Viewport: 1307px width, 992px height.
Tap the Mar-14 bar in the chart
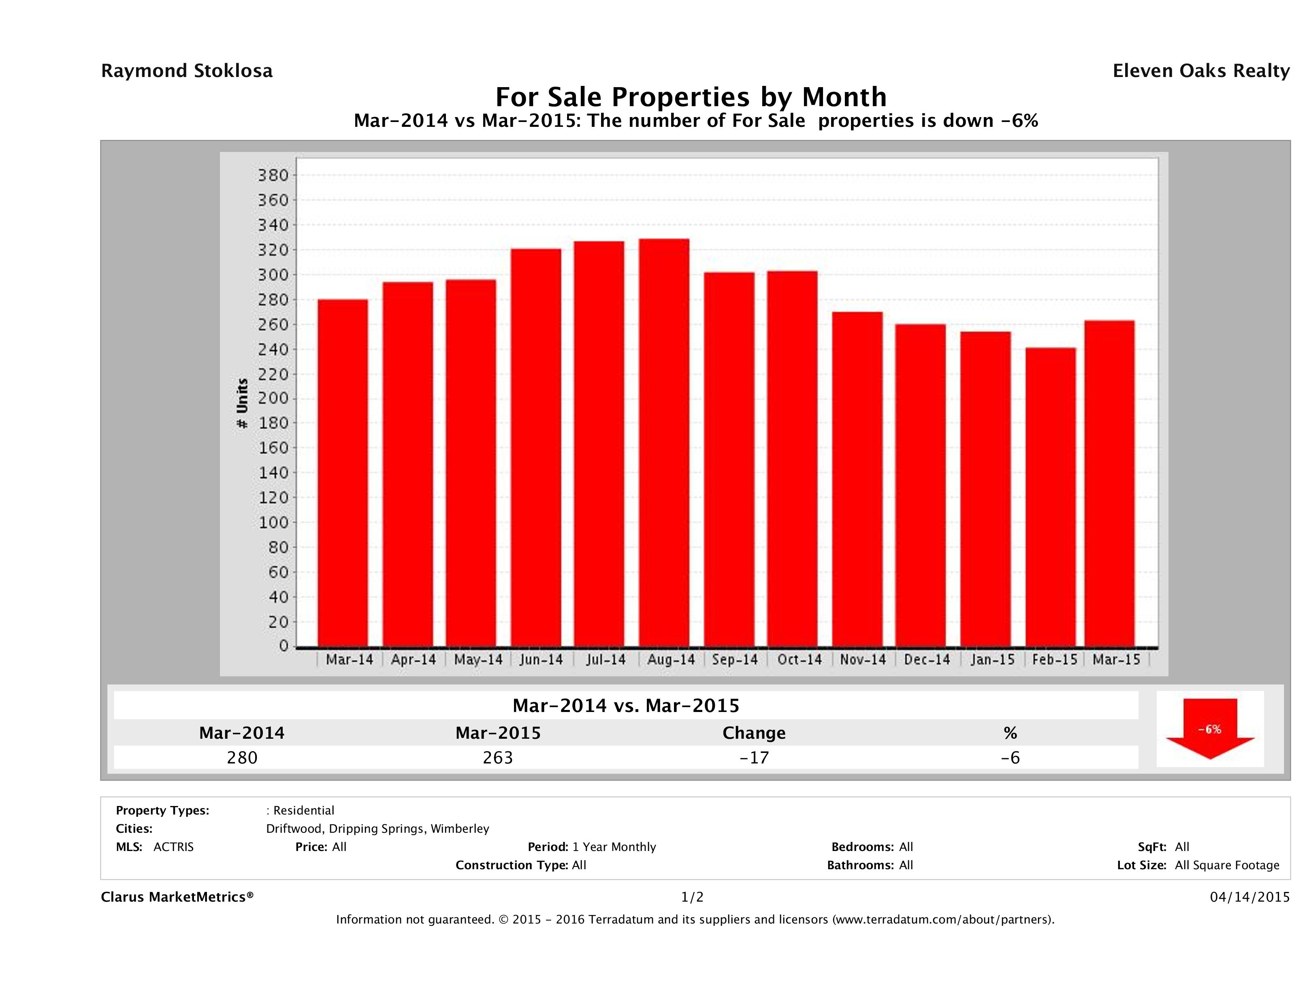coord(342,473)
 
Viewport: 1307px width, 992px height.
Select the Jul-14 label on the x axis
coord(606,659)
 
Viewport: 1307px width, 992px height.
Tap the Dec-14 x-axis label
coord(926,659)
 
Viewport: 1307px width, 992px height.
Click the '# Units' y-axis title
coord(242,403)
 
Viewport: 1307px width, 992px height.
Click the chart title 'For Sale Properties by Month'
coord(691,96)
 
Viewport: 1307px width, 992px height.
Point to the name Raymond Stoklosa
coord(187,71)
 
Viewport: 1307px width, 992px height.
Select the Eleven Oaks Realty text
coord(1200,71)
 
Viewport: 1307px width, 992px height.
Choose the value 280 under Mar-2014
coord(242,757)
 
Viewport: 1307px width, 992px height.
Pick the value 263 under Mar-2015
coord(497,757)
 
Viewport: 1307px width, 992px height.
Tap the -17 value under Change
coord(754,757)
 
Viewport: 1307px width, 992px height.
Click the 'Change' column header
coord(754,733)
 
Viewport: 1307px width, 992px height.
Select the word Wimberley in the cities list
coord(460,828)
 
